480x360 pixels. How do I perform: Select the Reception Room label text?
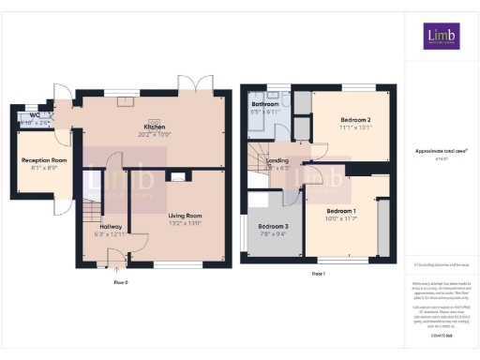pos(45,160)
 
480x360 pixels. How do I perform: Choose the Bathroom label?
pos(265,104)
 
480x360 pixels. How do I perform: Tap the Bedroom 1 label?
pos(340,211)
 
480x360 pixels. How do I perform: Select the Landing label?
pos(278,160)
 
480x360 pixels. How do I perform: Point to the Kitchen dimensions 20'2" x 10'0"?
pos(155,134)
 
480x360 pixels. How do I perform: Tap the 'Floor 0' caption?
pos(120,281)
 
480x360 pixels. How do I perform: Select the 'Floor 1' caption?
pos(317,274)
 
